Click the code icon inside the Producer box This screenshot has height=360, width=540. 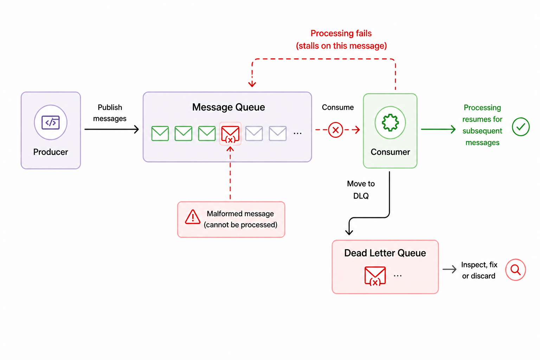(51, 122)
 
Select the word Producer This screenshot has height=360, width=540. (51, 152)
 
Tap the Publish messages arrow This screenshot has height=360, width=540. (111, 129)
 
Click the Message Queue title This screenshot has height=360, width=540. (229, 107)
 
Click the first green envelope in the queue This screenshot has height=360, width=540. (160, 133)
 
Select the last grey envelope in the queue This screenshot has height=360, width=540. (278, 133)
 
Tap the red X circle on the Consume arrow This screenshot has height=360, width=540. (335, 130)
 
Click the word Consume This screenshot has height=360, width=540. (338, 107)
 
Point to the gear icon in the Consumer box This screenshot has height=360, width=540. (390, 122)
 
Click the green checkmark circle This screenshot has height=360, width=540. (521, 127)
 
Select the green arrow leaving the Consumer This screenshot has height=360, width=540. (438, 129)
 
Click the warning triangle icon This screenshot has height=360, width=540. (193, 217)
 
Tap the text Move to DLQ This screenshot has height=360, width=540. (361, 190)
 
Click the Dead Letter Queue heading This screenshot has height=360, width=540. (385, 253)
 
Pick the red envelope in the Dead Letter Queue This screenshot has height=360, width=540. (375, 276)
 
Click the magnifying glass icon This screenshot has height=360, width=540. (515, 270)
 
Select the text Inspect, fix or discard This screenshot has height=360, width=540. (479, 270)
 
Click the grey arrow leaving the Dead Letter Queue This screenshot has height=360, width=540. (449, 269)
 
